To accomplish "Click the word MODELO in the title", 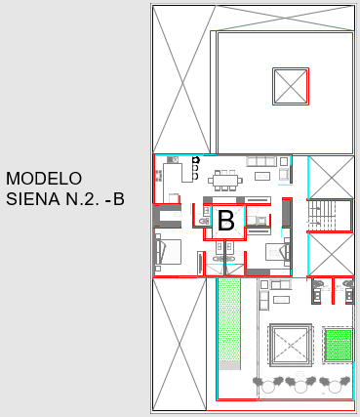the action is tap(44, 179).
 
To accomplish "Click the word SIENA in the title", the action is tap(33, 199).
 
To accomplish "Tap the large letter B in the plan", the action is tap(226, 221).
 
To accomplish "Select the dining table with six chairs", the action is tap(225, 180).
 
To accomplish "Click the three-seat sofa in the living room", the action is tap(261, 161).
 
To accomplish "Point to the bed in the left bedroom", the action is tap(168, 252).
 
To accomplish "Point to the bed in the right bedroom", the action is tap(278, 252).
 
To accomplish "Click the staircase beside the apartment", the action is tap(321, 216).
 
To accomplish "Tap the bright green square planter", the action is tap(339, 345).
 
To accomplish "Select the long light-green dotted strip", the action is tap(229, 319).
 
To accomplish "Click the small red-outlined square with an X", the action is tap(291, 86).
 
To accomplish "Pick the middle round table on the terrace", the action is tap(300, 387).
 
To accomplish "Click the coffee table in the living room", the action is tap(262, 176).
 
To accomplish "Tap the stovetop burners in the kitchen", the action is tap(159, 176).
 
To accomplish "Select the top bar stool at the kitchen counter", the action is tap(195, 160).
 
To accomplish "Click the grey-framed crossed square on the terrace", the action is tap(291, 345).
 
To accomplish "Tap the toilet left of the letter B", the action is tap(204, 222).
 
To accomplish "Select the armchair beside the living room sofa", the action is tap(284, 174).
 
